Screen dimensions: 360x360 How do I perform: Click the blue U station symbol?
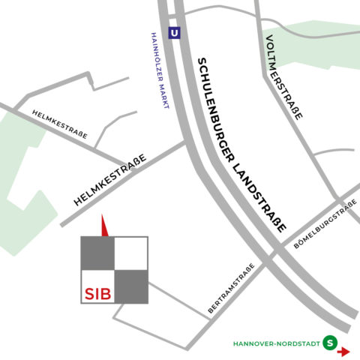coord(175,34)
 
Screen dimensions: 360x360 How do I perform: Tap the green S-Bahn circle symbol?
coord(329,343)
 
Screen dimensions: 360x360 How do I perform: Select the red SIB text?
coord(97,293)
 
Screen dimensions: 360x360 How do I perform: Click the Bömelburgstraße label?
coord(325,228)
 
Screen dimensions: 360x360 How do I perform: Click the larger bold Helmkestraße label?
coord(109,179)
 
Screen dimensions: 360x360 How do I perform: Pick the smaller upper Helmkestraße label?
coord(60,124)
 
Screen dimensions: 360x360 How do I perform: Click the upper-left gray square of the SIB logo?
coord(97,253)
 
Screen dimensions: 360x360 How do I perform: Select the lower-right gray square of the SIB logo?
coord(131,286)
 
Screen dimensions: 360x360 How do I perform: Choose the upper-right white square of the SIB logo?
coord(131,253)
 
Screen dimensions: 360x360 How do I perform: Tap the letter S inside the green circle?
coord(329,343)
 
